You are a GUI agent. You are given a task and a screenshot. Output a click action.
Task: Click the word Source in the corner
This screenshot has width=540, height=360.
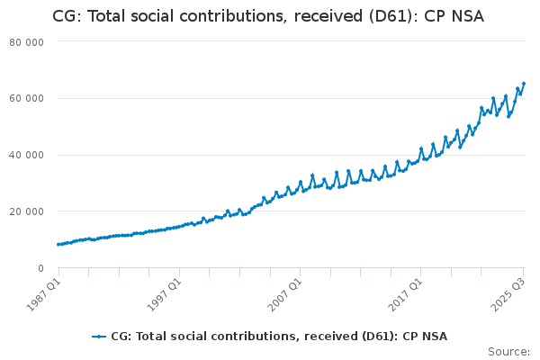(508, 352)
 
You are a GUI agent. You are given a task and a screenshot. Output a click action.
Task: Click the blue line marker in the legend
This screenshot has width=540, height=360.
(99, 337)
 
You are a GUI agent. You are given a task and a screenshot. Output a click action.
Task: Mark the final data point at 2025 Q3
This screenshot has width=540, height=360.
(524, 84)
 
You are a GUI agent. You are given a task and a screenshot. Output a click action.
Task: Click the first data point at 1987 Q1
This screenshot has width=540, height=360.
(58, 244)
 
